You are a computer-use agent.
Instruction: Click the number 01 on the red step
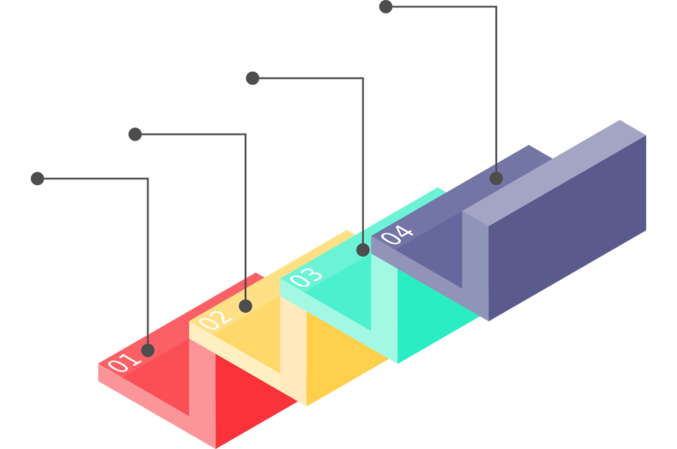(x=120, y=363)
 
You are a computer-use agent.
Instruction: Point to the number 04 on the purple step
(x=397, y=234)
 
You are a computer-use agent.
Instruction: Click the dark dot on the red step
(x=148, y=350)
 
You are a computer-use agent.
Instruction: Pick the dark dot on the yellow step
(x=245, y=305)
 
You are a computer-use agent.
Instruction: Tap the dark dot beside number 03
(x=362, y=250)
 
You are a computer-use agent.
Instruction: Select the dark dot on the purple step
(x=496, y=179)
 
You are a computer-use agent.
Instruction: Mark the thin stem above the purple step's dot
(x=496, y=166)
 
